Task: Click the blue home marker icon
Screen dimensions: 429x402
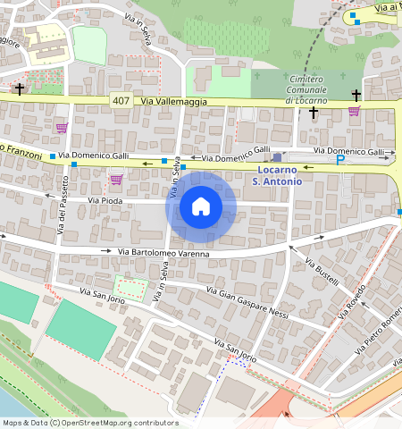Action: coord(201,207)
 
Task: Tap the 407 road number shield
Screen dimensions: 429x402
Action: coord(121,102)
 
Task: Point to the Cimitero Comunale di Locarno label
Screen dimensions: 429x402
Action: coord(306,89)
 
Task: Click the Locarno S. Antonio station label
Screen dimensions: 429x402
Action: coord(277,175)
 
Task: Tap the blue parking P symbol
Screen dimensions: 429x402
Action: coord(339,160)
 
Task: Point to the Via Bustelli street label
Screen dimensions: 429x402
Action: coord(322,273)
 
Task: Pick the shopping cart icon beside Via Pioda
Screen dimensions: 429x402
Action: coord(116,180)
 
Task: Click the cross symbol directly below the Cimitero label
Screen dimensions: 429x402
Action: coord(313,113)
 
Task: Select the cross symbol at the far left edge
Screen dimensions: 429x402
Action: coord(20,89)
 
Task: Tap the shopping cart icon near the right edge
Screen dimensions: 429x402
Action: coord(354,112)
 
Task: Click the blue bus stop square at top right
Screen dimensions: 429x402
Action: coord(353,15)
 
